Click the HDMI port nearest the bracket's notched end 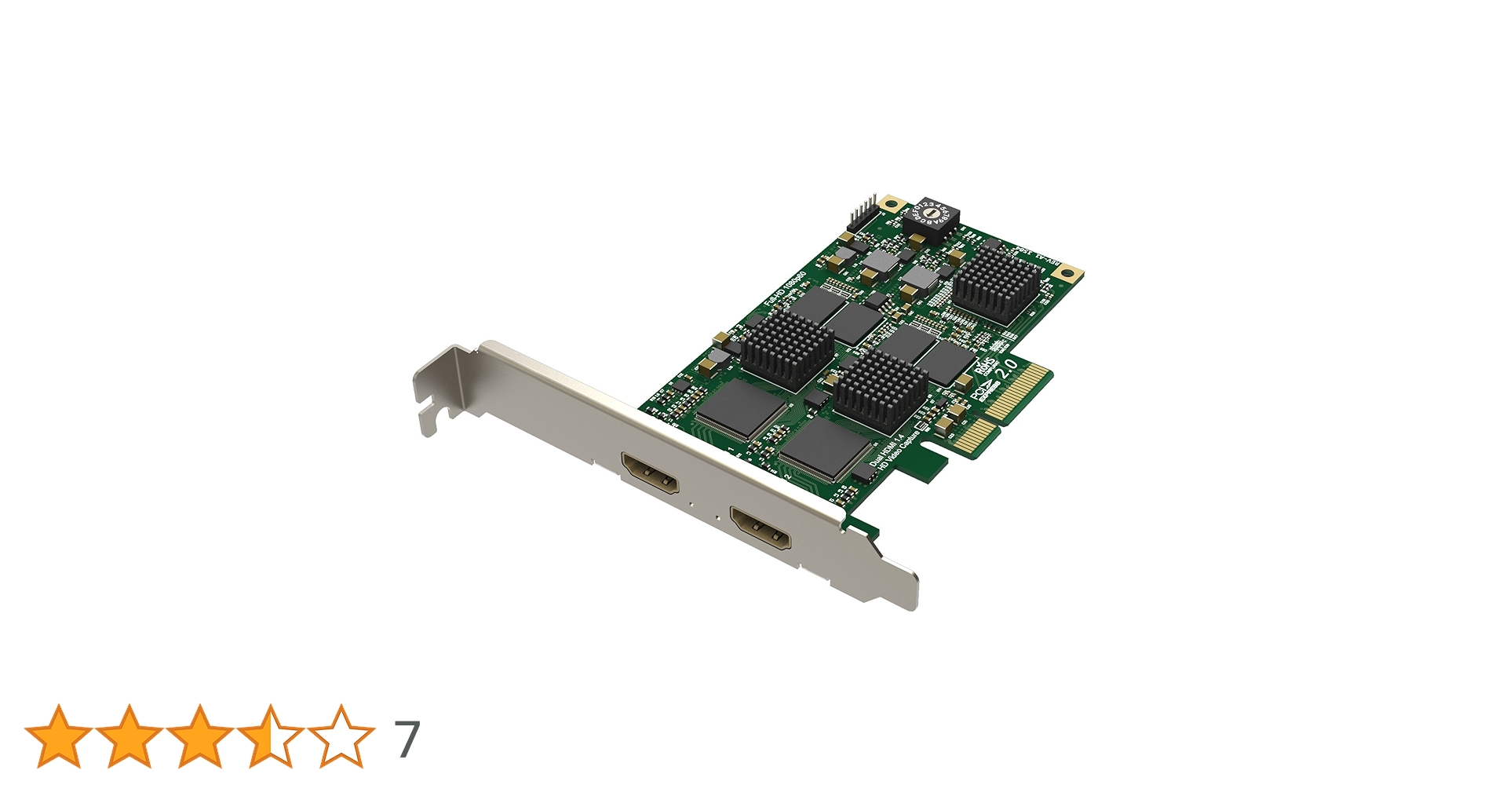(x=651, y=473)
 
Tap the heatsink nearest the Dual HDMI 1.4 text (x=881, y=390)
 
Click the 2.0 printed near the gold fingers (x=1008, y=370)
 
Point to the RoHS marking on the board (x=985, y=367)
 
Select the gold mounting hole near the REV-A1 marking (x=1066, y=273)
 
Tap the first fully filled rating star (x=58, y=736)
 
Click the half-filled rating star (x=270, y=736)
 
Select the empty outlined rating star (x=341, y=736)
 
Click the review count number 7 (x=407, y=739)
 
